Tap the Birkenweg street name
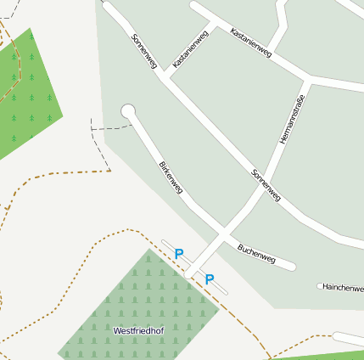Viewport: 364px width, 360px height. (x=171, y=177)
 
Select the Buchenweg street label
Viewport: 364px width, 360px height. (x=256, y=251)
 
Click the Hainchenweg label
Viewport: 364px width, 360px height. (x=344, y=288)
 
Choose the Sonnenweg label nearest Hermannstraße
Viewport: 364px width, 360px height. (x=266, y=186)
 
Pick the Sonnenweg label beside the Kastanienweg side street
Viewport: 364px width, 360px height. (x=144, y=52)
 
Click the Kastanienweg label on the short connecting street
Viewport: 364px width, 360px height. (x=190, y=49)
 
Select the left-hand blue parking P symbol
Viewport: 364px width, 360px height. (x=179, y=253)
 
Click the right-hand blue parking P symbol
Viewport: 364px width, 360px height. (x=210, y=278)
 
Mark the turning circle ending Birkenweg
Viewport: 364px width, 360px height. (x=128, y=110)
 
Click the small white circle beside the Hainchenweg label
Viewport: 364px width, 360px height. (x=320, y=286)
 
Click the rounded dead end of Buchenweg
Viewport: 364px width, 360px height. (x=291, y=266)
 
